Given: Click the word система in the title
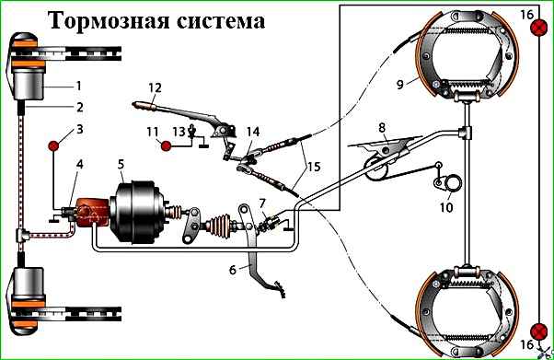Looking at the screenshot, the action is (x=220, y=21).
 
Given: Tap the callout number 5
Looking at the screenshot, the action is (x=121, y=165).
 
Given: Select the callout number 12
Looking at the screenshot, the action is (x=156, y=87).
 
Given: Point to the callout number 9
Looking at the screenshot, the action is (x=399, y=85).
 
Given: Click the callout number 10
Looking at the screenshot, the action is (x=446, y=207).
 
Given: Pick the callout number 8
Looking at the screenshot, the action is (x=382, y=127).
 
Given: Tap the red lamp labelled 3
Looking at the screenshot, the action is (x=53, y=145).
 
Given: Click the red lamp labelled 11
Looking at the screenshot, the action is (x=166, y=145).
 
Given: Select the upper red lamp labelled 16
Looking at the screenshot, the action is (x=539, y=28).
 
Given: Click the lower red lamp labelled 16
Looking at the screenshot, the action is (x=539, y=331).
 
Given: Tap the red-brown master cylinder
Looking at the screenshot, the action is (x=93, y=212).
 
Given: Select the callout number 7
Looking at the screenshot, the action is (x=261, y=203).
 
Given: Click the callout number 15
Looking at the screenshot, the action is (x=314, y=167).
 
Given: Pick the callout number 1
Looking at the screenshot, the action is (x=78, y=86).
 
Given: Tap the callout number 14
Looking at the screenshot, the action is (x=253, y=132).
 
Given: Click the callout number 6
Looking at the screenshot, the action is (x=233, y=270).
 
